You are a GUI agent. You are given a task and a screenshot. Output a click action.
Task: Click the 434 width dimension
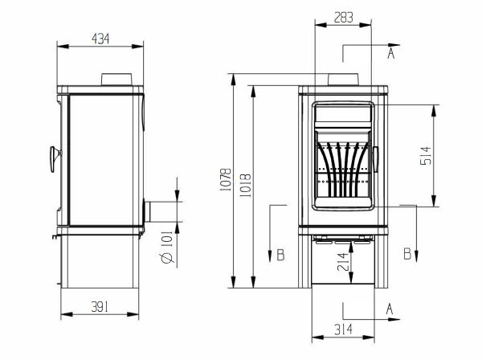point(100,39)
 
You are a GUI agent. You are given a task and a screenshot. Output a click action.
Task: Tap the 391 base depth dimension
point(100,307)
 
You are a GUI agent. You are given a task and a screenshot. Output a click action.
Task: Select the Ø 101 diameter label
point(166,247)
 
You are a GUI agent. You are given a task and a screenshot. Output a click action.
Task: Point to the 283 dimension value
point(343,18)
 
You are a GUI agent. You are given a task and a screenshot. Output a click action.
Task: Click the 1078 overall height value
point(226,179)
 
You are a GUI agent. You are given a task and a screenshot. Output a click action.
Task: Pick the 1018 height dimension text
point(245,186)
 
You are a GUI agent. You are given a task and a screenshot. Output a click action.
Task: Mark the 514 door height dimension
point(426,156)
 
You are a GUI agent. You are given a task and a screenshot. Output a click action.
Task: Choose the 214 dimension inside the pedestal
point(343,262)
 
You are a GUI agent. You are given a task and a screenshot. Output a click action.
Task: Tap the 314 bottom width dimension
point(343,330)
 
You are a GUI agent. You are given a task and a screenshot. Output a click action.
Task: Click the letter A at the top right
point(390,53)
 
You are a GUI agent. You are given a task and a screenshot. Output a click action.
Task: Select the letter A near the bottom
point(390,309)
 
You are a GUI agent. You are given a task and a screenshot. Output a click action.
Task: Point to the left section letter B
point(280,256)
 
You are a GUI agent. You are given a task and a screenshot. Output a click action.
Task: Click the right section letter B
point(407,254)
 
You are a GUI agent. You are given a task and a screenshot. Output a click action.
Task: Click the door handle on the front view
point(376,159)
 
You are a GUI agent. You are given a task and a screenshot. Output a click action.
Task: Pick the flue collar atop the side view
point(116,80)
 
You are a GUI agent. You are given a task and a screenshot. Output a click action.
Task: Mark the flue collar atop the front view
point(343,80)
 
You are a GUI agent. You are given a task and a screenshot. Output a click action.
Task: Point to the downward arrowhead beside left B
point(270,256)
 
